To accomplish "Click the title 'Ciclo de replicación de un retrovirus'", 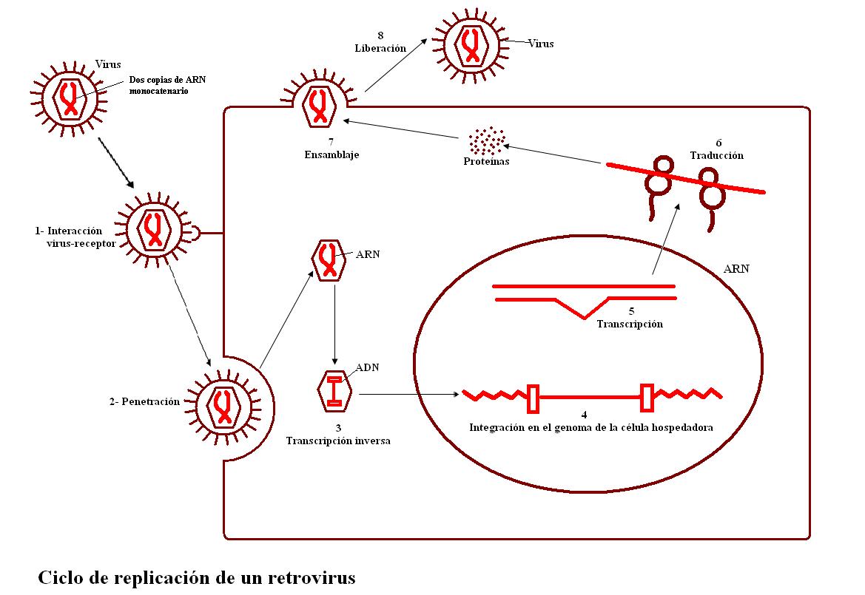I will [x=196, y=576].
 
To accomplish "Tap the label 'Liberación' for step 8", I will [x=380, y=47].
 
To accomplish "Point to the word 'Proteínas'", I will [x=486, y=161].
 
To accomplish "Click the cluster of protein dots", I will [x=487, y=140].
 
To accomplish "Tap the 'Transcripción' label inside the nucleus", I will [x=630, y=324].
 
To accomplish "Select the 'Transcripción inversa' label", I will [x=338, y=441].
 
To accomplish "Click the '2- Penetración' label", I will [x=144, y=401].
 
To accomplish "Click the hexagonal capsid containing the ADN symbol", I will [x=334, y=390].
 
